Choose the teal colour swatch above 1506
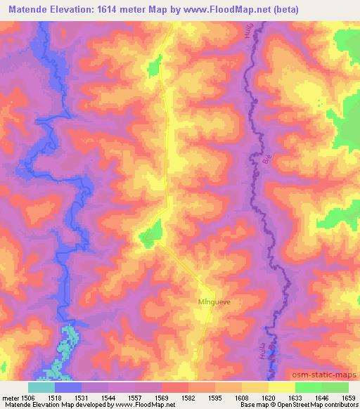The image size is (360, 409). [41, 387]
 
